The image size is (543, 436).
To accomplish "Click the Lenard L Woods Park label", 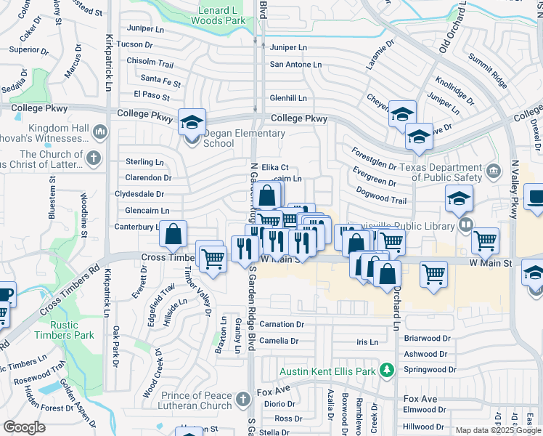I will coord(223,16).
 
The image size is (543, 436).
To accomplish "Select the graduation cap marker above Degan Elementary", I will coord(192,121).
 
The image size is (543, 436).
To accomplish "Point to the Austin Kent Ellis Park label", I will coord(329,371).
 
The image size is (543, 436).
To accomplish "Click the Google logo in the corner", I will coord(24,427).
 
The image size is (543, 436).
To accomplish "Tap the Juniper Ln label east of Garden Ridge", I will coord(289,47).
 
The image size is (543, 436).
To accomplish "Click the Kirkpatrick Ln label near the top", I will coord(110,62).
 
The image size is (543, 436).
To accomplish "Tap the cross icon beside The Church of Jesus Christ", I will coord(93,157).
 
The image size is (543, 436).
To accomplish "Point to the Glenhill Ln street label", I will coord(288,98).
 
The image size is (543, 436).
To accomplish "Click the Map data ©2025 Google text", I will coord(497,430).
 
